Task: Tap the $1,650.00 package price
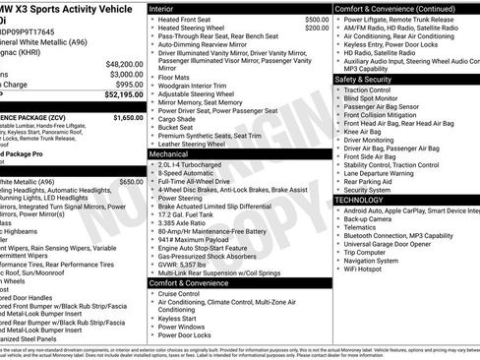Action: click(128, 117)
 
